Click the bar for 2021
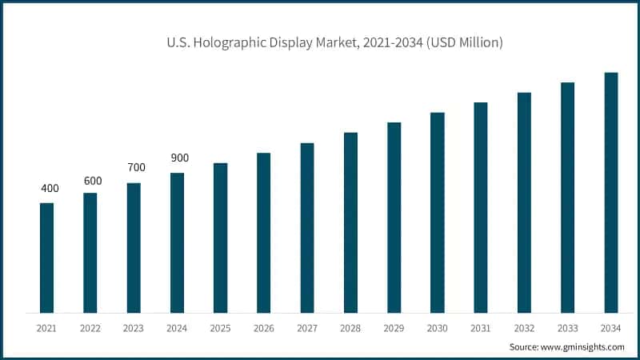tap(46, 258)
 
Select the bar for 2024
tap(177, 242)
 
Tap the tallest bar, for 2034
tap(610, 192)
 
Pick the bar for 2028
tap(350, 222)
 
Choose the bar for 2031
tap(480, 207)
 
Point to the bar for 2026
tap(263, 232)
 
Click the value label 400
tap(50, 189)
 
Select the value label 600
tap(93, 181)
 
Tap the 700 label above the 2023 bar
tap(136, 168)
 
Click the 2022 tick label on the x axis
tap(90, 328)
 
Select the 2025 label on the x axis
tap(220, 328)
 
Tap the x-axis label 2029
tap(394, 328)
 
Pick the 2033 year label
tap(567, 328)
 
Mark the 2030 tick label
tap(437, 328)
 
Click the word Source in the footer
tap(524, 346)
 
